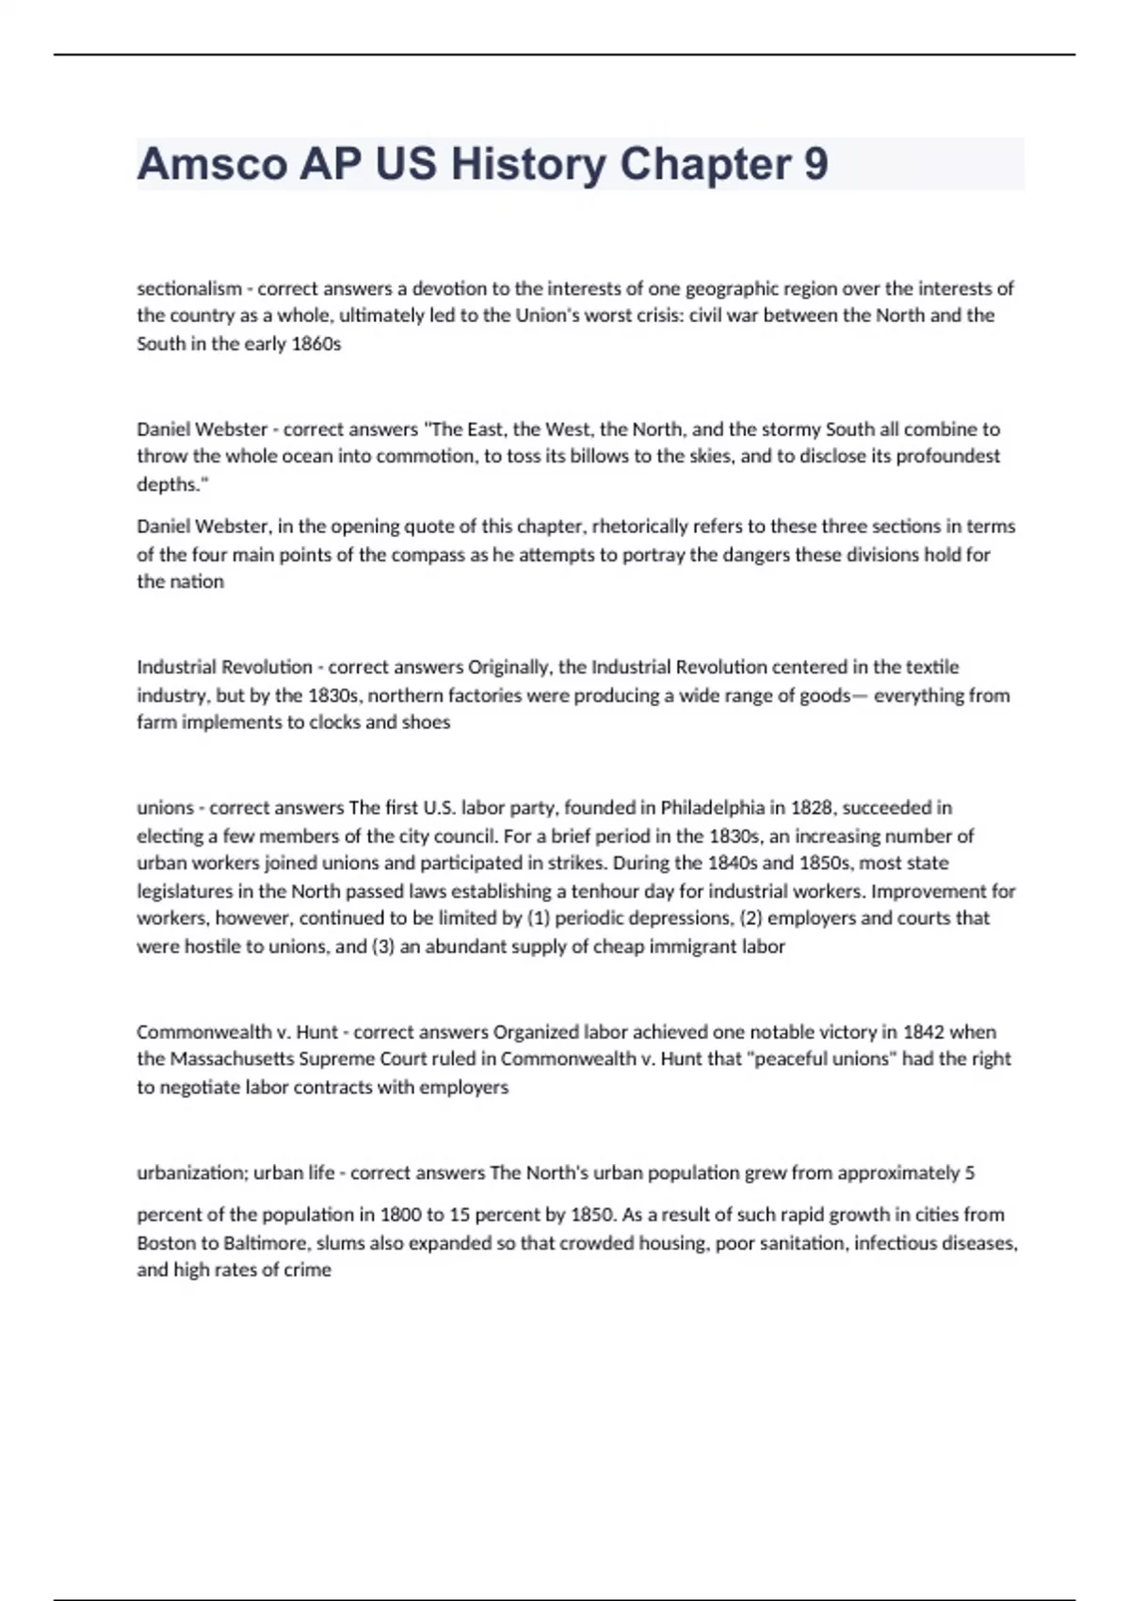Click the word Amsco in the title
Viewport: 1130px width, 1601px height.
tap(212, 164)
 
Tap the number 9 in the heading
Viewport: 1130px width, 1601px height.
tap(815, 164)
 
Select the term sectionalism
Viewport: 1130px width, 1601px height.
tap(189, 288)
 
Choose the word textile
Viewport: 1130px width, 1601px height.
tap(931, 667)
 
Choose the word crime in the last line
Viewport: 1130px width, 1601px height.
tap(307, 1270)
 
